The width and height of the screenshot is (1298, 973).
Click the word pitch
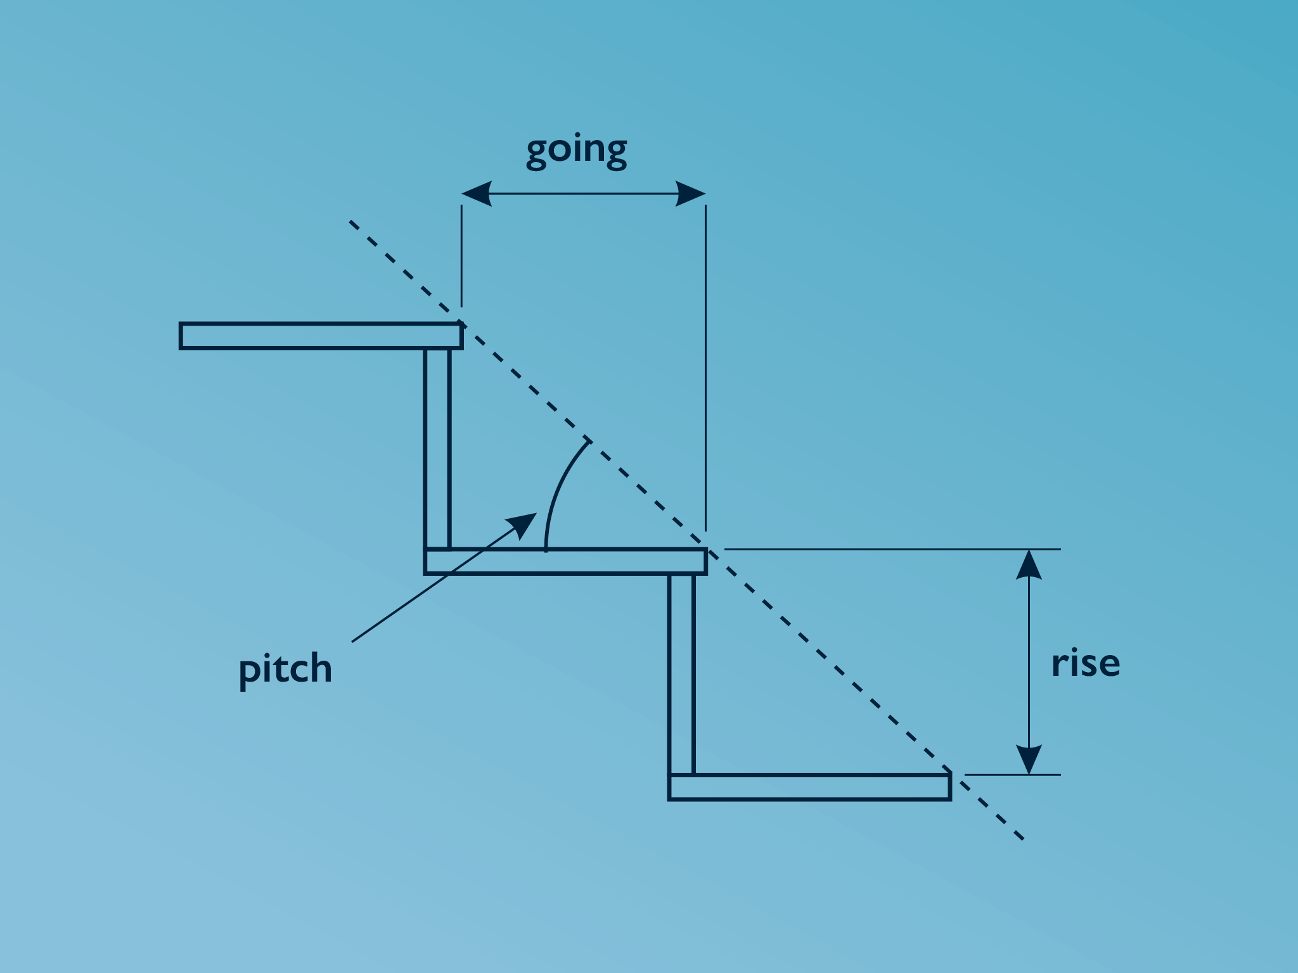click(285, 669)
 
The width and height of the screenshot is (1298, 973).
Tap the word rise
click(1085, 663)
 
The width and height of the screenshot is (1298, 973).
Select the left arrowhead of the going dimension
click(476, 193)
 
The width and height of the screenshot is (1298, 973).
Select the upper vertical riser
click(437, 448)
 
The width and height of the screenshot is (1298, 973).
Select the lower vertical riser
click(681, 673)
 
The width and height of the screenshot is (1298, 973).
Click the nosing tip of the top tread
click(461, 325)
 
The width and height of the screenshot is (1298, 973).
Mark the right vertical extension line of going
click(705, 367)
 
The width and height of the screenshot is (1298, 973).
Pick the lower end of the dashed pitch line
click(1022, 839)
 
